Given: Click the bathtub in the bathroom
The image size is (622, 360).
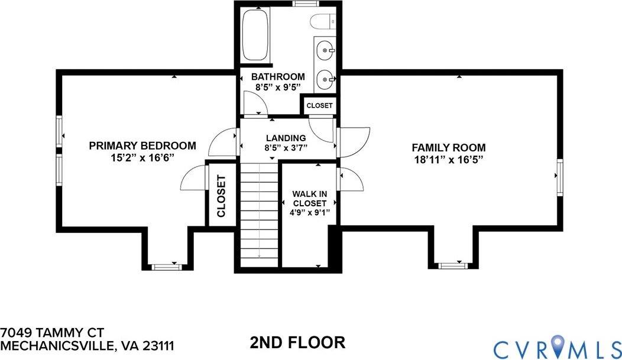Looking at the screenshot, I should pos(255,35).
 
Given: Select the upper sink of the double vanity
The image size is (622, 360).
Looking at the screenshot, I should pos(323,51).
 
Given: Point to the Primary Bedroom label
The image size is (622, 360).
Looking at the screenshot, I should pos(142,145).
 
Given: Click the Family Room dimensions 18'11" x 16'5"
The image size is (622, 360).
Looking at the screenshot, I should pos(449,160).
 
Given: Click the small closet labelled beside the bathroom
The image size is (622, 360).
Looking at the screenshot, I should pos(319,106).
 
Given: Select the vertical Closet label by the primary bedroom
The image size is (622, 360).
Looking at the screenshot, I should pos(221,196).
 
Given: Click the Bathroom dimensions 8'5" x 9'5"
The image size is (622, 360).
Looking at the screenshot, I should pos(278,87).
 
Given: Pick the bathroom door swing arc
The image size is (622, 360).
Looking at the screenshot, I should pos(256,105).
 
